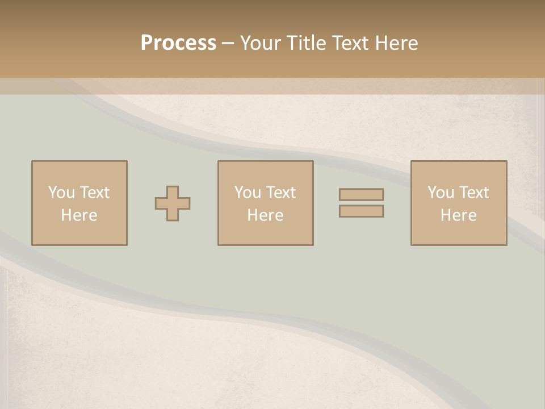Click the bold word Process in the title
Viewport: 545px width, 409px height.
[178, 43]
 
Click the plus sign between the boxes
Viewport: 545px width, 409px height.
[173, 203]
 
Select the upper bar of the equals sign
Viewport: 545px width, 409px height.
[361, 194]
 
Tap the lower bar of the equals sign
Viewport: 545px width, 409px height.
[361, 211]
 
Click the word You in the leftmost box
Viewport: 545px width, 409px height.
[60, 193]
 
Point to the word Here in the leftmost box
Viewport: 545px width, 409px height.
[79, 215]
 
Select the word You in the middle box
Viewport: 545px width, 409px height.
[247, 193]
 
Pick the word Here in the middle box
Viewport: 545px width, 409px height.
[265, 215]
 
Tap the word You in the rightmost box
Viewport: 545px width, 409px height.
[440, 193]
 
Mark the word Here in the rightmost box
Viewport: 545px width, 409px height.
[458, 215]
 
